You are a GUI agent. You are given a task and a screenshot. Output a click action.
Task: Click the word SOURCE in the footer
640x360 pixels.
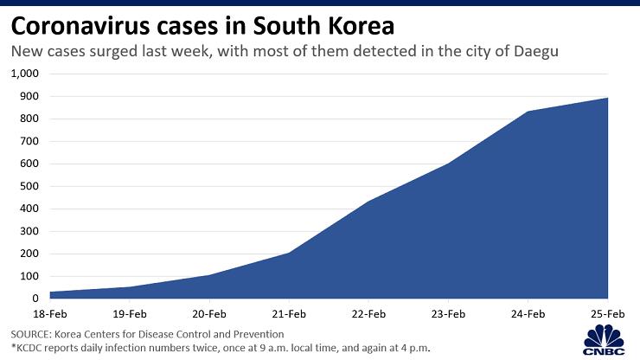click(x=30, y=333)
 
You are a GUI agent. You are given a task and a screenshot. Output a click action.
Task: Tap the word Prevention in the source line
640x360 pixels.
click(x=256, y=333)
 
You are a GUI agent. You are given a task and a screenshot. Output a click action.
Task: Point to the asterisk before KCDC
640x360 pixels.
click(x=13, y=347)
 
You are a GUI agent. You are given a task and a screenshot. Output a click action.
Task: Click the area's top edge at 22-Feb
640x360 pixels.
click(x=369, y=202)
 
